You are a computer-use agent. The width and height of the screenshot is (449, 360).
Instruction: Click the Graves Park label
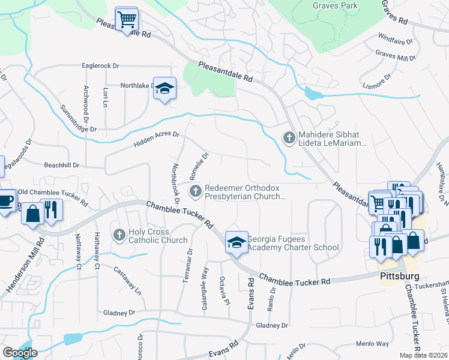point(335,6)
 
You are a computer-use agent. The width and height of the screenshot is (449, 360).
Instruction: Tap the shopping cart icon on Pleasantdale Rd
point(127,19)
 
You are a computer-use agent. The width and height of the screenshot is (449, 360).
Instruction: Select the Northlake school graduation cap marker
point(164,88)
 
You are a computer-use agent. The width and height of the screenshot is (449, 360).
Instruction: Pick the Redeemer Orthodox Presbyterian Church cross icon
point(195,191)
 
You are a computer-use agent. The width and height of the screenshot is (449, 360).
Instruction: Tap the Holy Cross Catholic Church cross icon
point(119,234)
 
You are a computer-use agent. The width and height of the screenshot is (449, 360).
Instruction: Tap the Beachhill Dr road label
point(61,164)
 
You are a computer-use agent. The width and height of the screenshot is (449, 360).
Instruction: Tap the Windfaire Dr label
point(394,43)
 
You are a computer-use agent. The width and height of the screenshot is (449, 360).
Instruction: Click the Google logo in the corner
point(20,353)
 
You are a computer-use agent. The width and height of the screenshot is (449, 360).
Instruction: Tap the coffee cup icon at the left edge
point(5,200)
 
